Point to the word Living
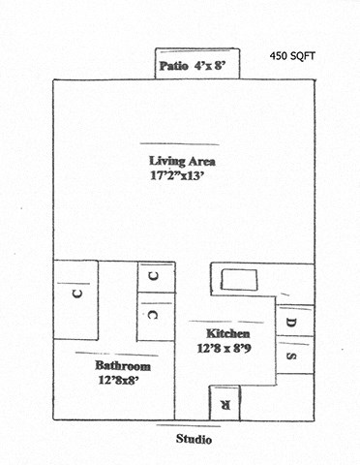tap(167, 160)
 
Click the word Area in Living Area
tap(201, 160)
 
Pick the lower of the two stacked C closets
tap(154, 315)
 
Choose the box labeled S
tap(295, 355)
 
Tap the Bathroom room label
tap(123, 367)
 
